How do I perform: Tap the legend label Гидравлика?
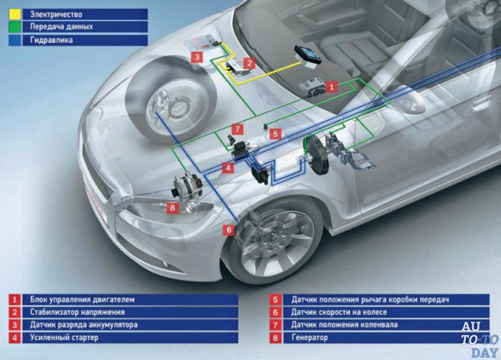click(x=51, y=40)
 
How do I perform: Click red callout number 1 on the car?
click(x=331, y=87)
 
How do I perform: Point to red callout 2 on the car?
click(x=249, y=63)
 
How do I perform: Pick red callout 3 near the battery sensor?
click(x=197, y=57)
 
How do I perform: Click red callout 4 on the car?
click(x=228, y=168)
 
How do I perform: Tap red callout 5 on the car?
click(x=275, y=134)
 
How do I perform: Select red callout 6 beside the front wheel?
click(x=229, y=230)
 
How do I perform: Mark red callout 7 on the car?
click(x=238, y=129)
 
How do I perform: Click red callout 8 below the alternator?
click(x=173, y=208)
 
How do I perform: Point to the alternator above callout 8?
click(x=187, y=187)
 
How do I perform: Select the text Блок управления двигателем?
click(x=82, y=300)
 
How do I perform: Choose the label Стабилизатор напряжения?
click(x=77, y=312)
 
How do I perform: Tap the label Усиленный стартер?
click(x=64, y=337)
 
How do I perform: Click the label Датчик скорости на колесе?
click(x=339, y=312)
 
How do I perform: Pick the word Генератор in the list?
click(x=309, y=337)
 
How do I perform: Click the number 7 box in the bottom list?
click(x=276, y=325)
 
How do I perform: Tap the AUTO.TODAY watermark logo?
click(x=479, y=339)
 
